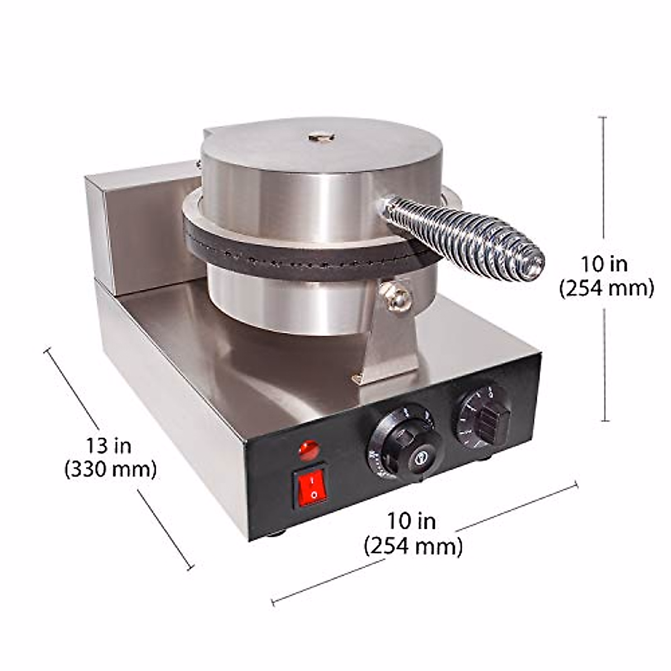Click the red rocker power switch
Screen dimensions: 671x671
[x=310, y=487]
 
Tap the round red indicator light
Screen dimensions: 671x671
[x=309, y=450]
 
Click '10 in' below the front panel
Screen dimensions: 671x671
[x=412, y=521]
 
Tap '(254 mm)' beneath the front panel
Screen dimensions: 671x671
[x=413, y=545]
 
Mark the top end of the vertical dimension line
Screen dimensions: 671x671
[x=602, y=117]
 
